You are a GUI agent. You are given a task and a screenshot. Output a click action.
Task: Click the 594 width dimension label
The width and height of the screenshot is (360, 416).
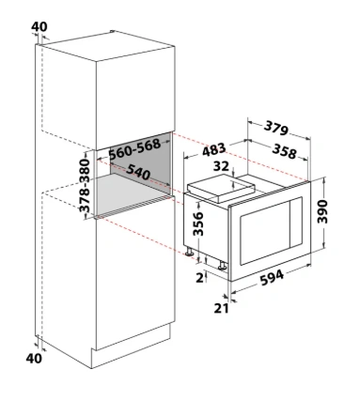pos(272,277)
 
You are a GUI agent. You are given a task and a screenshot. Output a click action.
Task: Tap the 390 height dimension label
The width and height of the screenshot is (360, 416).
pos(322,211)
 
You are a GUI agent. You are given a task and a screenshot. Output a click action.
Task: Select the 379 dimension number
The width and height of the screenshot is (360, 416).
pos(275,128)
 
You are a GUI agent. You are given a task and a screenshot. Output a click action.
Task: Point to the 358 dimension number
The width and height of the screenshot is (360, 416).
pos(284,151)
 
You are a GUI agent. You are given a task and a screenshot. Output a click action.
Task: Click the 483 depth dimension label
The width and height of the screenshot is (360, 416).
pos(214,149)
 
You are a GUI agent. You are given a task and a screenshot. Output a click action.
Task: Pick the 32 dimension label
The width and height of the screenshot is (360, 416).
pos(221,166)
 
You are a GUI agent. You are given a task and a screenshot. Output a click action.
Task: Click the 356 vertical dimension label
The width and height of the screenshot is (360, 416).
pos(198,223)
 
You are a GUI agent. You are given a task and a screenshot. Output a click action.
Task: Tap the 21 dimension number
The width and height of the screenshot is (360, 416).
pos(221,308)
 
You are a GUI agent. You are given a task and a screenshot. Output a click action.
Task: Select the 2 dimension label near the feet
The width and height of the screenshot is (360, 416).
pos(199,278)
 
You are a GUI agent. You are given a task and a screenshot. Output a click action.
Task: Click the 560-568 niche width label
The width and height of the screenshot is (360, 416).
pos(134,148)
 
